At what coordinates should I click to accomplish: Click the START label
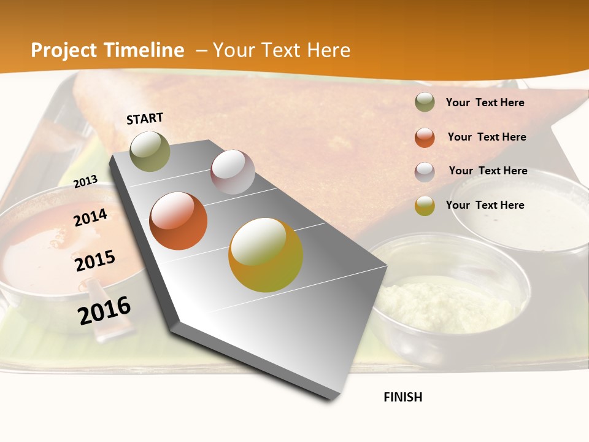point(145,118)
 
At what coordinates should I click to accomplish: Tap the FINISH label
point(403,397)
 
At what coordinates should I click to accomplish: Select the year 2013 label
point(86,181)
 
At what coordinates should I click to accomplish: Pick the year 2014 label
point(91,217)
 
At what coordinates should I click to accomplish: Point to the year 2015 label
point(95,261)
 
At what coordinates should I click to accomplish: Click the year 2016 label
point(104,310)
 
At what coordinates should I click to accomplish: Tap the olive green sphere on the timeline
point(150,151)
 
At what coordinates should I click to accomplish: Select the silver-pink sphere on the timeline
point(233,172)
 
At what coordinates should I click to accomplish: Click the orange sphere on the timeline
point(179,221)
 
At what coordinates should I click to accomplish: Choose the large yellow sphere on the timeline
point(266,255)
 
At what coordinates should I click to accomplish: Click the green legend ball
point(425,103)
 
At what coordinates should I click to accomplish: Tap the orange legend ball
point(425,138)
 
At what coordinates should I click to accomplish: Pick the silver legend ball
point(425,172)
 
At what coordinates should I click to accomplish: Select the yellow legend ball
point(425,206)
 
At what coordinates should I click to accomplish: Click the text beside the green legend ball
point(485,103)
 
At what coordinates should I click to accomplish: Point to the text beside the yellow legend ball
point(485,205)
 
